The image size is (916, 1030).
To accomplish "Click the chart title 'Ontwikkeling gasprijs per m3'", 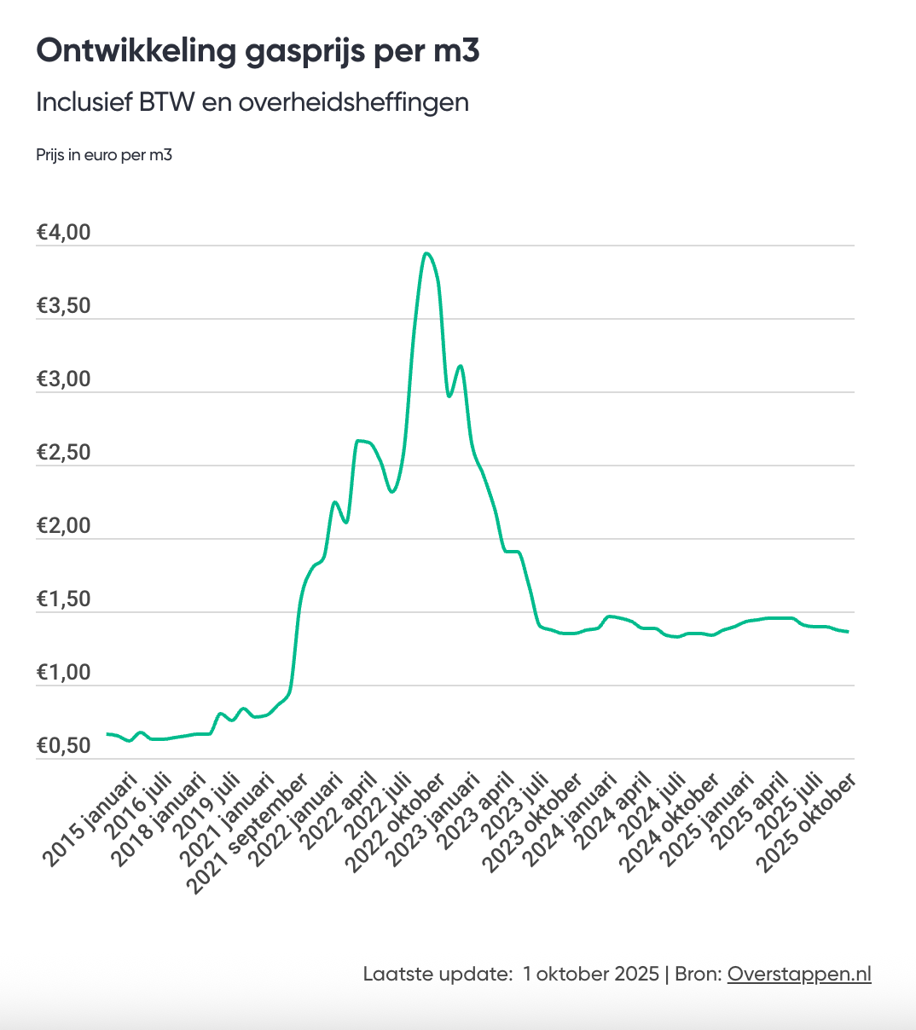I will tap(258, 51).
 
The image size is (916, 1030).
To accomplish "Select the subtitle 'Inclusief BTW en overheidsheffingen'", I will tap(252, 102).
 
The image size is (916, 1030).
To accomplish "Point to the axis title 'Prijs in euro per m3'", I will tap(104, 155).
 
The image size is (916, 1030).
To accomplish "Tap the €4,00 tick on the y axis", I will tap(64, 233).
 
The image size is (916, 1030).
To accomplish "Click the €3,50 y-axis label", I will tap(64, 306).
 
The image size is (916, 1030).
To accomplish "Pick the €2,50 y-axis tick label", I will tap(64, 453).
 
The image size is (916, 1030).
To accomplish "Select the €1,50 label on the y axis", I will tap(64, 599).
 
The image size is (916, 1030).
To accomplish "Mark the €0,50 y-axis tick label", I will tap(64, 746).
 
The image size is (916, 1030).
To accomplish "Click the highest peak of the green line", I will tap(426, 253).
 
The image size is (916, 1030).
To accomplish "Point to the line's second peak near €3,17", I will tap(461, 366).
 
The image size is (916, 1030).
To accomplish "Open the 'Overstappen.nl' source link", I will tap(799, 974).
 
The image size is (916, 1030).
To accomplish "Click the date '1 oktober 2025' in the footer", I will tap(591, 974).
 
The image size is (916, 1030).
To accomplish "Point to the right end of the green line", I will tap(848, 632).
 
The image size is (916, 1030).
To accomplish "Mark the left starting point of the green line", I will tap(107, 733).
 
